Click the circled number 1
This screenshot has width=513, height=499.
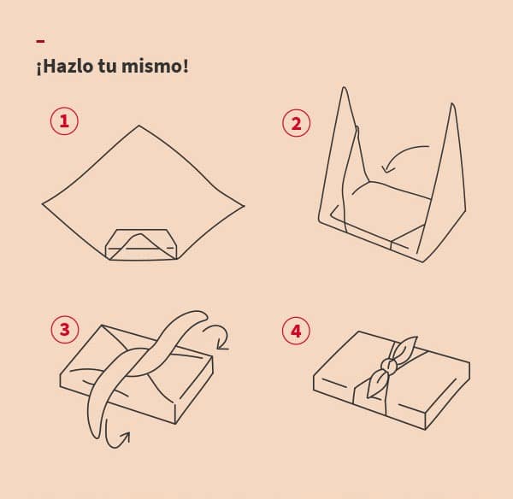tap(64, 121)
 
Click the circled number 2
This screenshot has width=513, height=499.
tap(296, 123)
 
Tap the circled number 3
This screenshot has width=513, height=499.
tap(65, 329)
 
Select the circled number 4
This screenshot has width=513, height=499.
tap(296, 331)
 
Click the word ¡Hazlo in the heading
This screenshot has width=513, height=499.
tap(65, 66)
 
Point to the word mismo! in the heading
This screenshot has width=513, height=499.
tap(155, 66)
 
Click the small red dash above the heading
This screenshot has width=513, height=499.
tap(40, 41)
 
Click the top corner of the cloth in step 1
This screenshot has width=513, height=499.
tap(139, 126)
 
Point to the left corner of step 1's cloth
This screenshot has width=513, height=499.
tap(42, 204)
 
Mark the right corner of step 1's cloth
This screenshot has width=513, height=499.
tap(245, 206)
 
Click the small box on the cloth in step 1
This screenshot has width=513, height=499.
tap(141, 244)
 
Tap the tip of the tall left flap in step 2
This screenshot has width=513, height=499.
tap(344, 87)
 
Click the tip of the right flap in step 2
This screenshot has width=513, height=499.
tap(452, 103)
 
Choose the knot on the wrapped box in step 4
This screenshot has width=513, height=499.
tap(388, 364)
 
